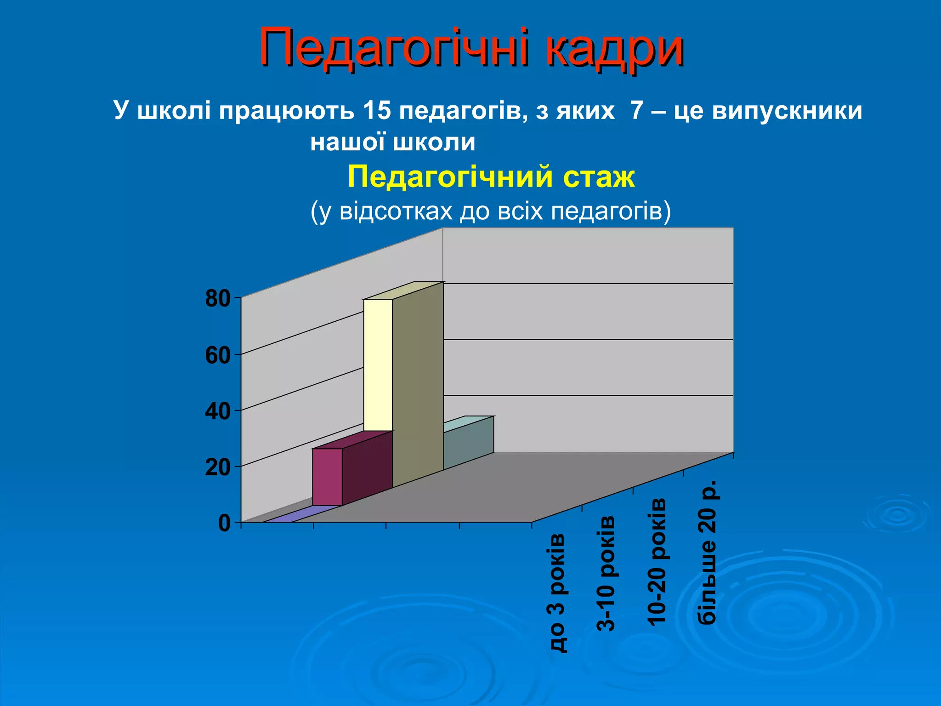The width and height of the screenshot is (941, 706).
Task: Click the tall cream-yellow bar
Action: [x=378, y=365]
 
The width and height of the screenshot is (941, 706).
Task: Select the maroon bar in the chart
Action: [x=327, y=477]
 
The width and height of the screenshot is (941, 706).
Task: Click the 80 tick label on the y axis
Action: [x=218, y=299]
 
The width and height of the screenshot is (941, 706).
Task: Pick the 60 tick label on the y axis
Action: [x=218, y=355]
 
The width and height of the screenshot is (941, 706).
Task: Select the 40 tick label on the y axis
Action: [x=218, y=411]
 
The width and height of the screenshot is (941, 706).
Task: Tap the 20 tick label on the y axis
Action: [x=218, y=467]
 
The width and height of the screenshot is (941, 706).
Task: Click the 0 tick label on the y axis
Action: [x=224, y=523]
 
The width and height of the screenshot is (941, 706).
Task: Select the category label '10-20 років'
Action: [x=656, y=562]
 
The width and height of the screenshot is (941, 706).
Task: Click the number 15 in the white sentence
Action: [x=376, y=111]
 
